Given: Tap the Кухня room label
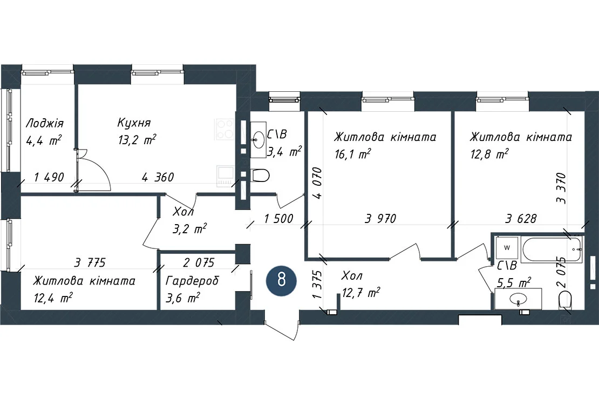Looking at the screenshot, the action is click(x=134, y=123).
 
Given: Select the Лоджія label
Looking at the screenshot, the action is click(x=44, y=124).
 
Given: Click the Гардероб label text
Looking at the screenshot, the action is click(x=192, y=281).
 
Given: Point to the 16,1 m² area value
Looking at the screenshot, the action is click(x=352, y=154).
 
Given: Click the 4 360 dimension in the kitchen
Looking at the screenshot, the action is click(x=158, y=177).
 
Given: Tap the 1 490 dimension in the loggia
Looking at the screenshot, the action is click(x=49, y=177).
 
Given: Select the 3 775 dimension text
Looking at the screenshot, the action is click(x=90, y=263).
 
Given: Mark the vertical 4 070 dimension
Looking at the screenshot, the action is click(x=317, y=183).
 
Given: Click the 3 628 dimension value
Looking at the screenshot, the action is click(x=521, y=218).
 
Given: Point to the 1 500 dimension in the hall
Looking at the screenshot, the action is click(x=279, y=218).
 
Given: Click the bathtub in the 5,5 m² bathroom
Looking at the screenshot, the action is click(x=552, y=249).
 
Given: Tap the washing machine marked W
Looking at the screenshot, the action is click(x=507, y=248).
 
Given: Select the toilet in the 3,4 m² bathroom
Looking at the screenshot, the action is click(x=260, y=175).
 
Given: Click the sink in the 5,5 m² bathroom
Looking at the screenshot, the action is click(x=518, y=299).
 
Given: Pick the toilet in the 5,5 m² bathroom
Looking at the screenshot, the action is click(x=565, y=300).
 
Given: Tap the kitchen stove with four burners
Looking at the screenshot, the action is click(x=225, y=129).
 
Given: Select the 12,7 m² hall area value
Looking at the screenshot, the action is click(x=360, y=293).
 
